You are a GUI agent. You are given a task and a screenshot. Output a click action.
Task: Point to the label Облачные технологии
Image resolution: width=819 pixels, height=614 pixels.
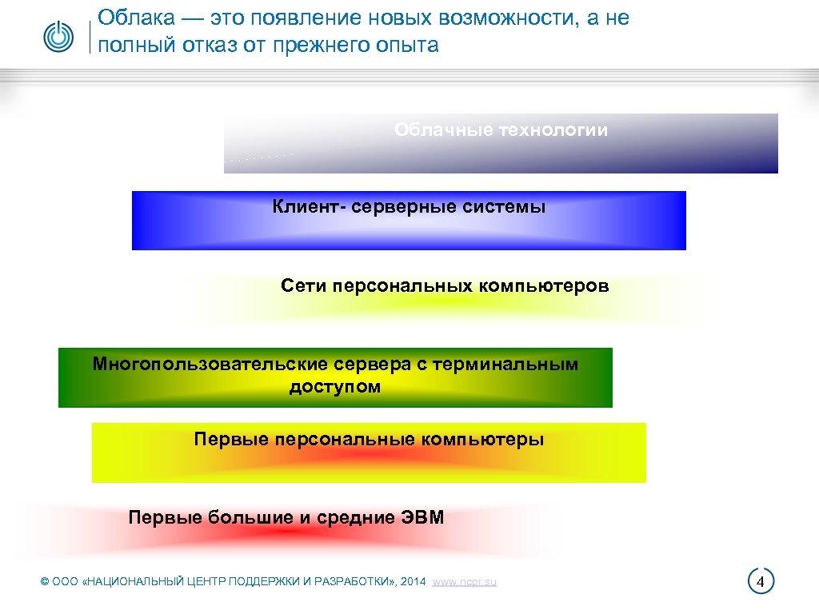(x=501, y=130)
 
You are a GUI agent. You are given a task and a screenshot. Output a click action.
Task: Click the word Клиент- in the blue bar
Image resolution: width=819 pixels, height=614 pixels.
(x=306, y=207)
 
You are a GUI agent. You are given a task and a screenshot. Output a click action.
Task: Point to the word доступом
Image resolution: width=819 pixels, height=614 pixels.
(x=335, y=388)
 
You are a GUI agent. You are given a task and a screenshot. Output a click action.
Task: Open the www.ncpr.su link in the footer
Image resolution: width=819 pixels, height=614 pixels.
(x=464, y=582)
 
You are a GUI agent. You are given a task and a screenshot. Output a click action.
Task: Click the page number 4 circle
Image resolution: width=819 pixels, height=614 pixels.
(x=761, y=581)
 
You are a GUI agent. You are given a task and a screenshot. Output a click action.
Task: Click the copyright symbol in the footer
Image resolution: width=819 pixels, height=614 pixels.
(x=45, y=582)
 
